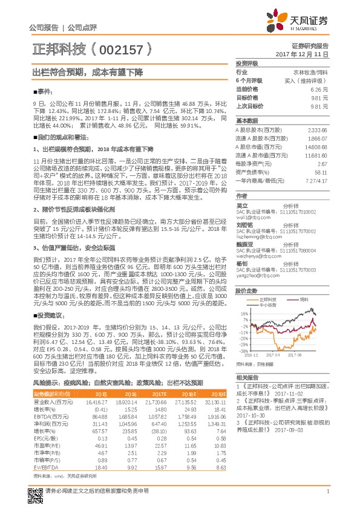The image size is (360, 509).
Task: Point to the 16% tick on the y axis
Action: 243,314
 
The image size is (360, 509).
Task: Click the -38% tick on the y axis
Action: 243,351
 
